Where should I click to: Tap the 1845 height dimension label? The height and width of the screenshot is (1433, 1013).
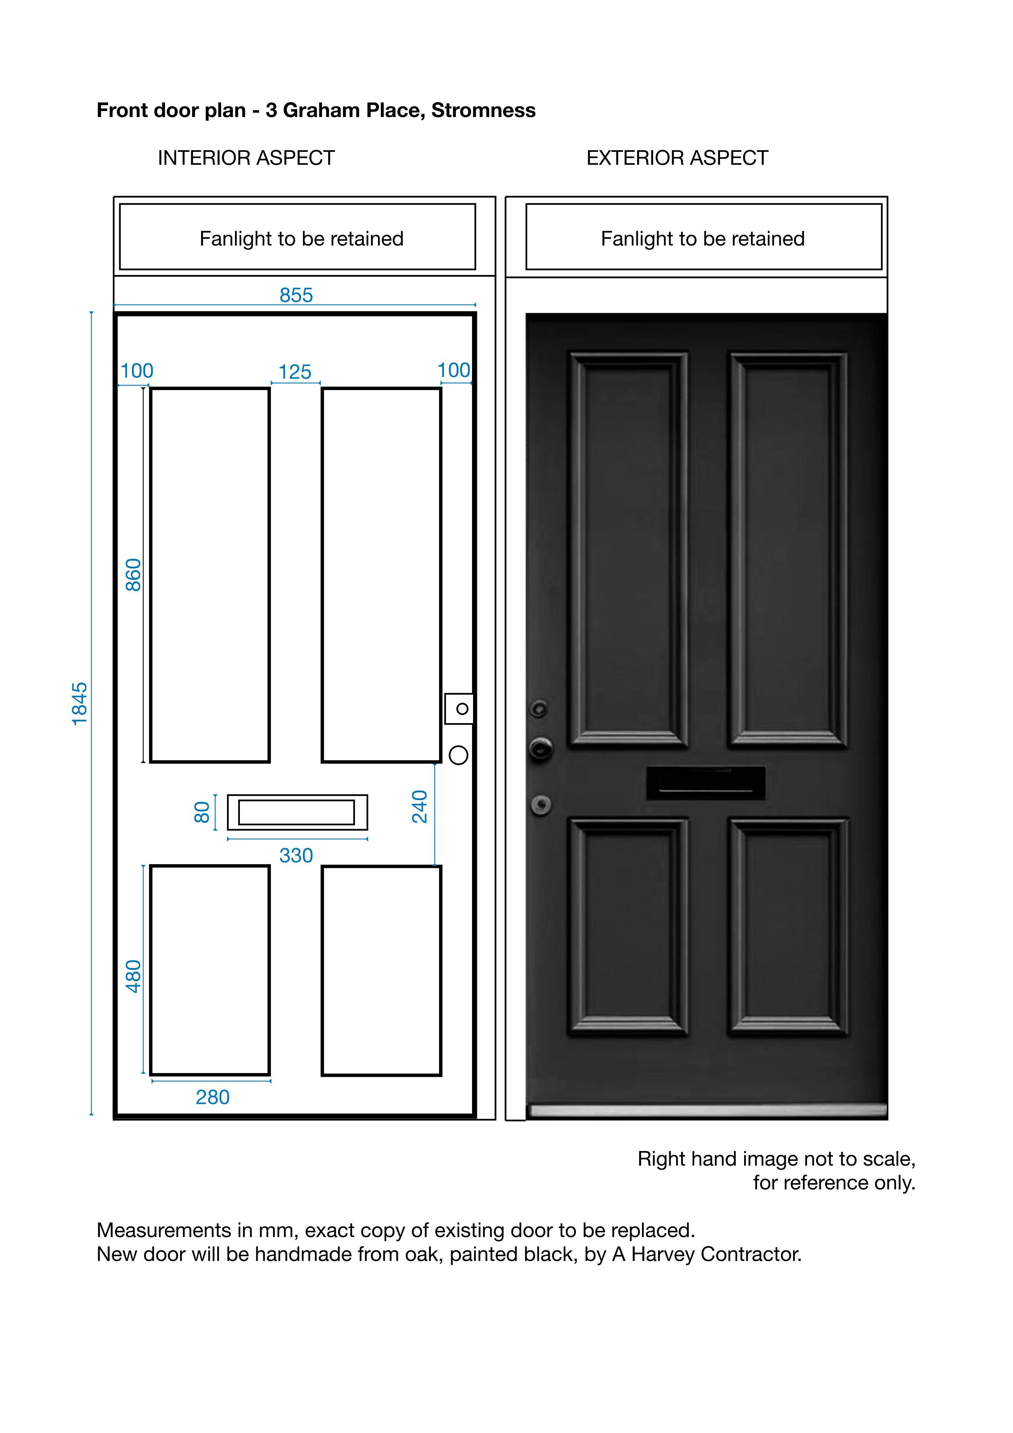pyautogui.click(x=80, y=704)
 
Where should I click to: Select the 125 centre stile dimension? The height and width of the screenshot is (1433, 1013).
pyautogui.click(x=295, y=372)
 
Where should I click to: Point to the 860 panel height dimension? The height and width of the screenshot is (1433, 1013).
pyautogui.click(x=134, y=575)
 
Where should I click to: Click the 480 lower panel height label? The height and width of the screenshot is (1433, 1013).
pyautogui.click(x=134, y=976)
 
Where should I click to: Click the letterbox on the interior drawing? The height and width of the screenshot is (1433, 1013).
pyautogui.click(x=297, y=812)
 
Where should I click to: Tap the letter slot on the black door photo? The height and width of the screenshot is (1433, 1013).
pyautogui.click(x=706, y=783)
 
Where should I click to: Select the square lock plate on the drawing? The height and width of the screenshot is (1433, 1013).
pyautogui.click(x=459, y=708)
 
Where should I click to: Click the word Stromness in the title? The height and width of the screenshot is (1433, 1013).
pyautogui.click(x=483, y=111)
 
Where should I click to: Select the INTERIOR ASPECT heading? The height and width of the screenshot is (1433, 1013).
pyautogui.click(x=247, y=158)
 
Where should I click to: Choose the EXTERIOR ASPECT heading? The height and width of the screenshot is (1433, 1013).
pyautogui.click(x=677, y=158)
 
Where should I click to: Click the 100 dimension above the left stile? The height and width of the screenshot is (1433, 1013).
pyautogui.click(x=137, y=371)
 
